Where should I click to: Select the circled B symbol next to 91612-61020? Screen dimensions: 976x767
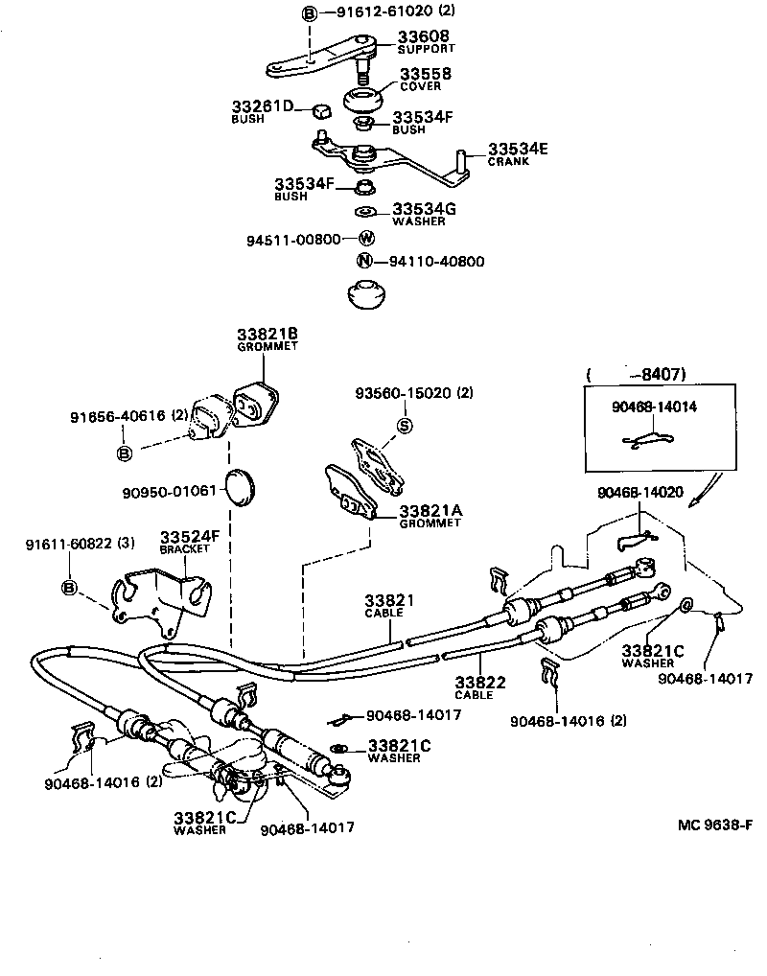[x=310, y=12]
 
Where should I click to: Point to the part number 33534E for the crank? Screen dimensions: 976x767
[x=518, y=149]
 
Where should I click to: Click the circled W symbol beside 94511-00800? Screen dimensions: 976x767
[x=366, y=239]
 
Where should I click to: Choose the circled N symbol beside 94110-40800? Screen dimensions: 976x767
[x=364, y=261]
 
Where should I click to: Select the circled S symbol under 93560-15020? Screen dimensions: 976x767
[x=404, y=426]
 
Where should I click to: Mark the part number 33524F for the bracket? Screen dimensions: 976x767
[x=190, y=535]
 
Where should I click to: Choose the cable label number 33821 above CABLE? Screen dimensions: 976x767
[x=389, y=601]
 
